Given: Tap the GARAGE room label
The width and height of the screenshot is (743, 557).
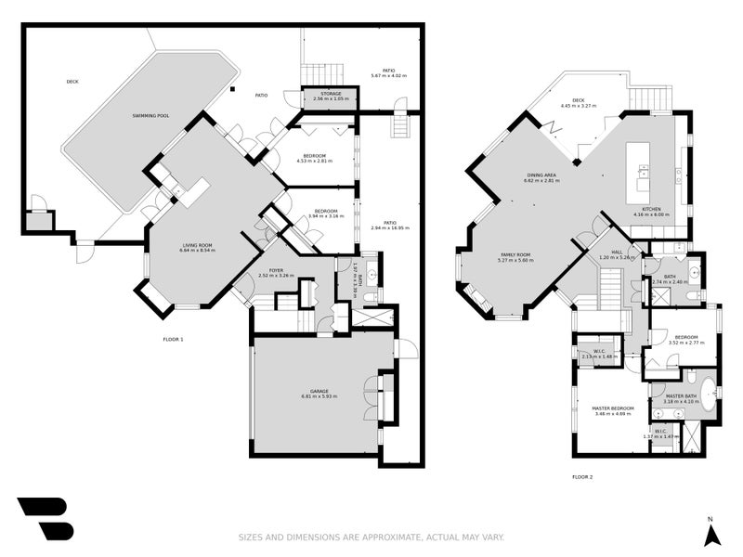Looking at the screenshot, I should pyautogui.click(x=319, y=391).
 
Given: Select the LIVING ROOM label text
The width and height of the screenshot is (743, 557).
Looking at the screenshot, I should pyautogui.click(x=197, y=245).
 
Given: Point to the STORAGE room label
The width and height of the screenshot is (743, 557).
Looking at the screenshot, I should pyautogui.click(x=332, y=93).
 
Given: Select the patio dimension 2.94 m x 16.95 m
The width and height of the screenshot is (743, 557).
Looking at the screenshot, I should pyautogui.click(x=390, y=227).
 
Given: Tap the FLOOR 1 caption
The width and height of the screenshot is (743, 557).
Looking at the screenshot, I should pyautogui.click(x=173, y=340).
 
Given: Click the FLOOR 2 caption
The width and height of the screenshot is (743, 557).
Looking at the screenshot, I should pyautogui.click(x=582, y=477).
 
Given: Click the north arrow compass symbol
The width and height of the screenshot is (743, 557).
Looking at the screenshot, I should pyautogui.click(x=711, y=534).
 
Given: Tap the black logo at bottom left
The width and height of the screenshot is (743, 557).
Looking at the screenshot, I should pyautogui.click(x=45, y=518).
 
